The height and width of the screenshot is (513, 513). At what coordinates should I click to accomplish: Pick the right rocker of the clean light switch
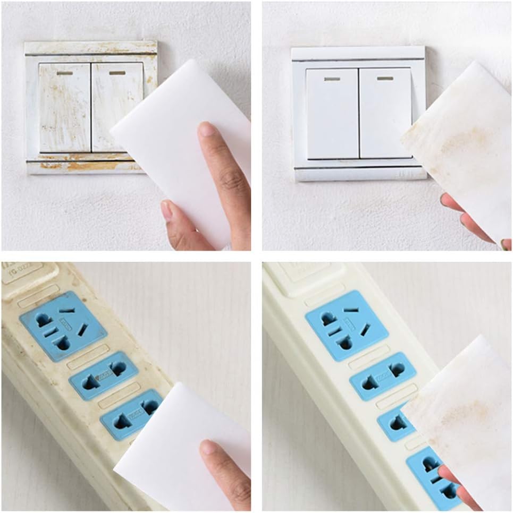pos(384,112)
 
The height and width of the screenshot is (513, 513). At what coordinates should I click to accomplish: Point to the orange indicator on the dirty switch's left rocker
pos(64,73)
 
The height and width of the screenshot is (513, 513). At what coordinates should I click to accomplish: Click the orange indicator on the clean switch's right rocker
pos(385,78)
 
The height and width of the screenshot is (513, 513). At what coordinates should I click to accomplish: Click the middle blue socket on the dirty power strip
pos(103,375)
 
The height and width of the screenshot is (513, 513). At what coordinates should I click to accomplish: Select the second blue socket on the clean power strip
pos(382,375)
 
